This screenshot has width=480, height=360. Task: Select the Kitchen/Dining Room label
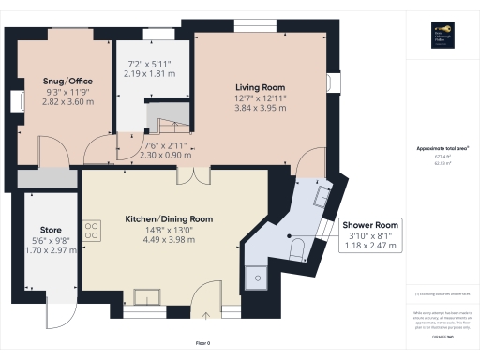(x=170, y=218)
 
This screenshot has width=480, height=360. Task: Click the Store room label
(x=51, y=230)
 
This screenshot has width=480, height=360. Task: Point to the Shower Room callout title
(x=370, y=226)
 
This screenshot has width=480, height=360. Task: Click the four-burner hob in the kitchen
(x=92, y=231)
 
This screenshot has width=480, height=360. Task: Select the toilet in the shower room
(x=295, y=247)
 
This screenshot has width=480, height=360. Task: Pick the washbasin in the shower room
(x=320, y=198)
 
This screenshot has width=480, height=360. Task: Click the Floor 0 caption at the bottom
(x=202, y=343)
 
